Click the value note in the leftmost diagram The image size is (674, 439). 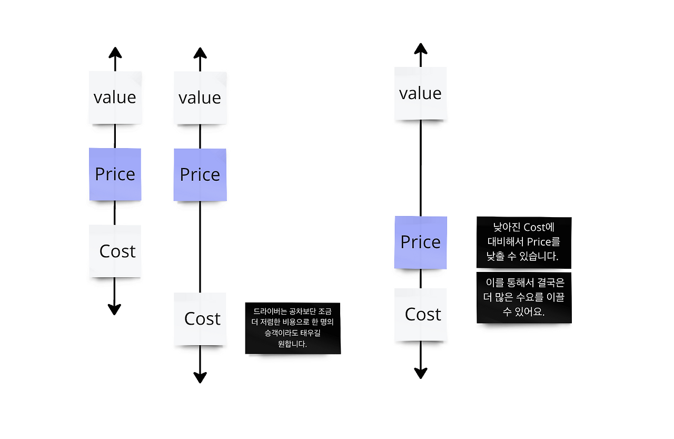pos(115,97)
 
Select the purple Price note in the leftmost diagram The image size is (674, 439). pos(115,174)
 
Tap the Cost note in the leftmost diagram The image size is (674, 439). pos(115,251)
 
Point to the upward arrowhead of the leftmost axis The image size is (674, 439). pos(115,52)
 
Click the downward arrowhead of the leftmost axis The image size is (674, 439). pos(114,309)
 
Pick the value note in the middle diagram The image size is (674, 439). pos(200,98)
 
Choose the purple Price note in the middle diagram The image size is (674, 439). pos(200,175)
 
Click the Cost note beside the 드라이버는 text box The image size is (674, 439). pos(200,319)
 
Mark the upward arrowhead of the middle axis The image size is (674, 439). pos(200,52)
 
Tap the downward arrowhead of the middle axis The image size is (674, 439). pos(200,377)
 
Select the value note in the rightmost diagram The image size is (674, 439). pos(420,93)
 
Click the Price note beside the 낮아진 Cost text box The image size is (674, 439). pos(420,242)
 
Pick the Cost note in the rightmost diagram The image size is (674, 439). pos(420,315)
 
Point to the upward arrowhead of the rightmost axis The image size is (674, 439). pos(420,48)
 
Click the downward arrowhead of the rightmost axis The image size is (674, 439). pos(420,373)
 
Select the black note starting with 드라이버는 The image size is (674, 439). pos(293,328)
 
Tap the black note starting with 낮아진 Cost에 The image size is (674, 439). pos(524,242)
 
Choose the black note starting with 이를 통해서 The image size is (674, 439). pos(524,298)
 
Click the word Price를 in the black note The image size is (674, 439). pos(543,242)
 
